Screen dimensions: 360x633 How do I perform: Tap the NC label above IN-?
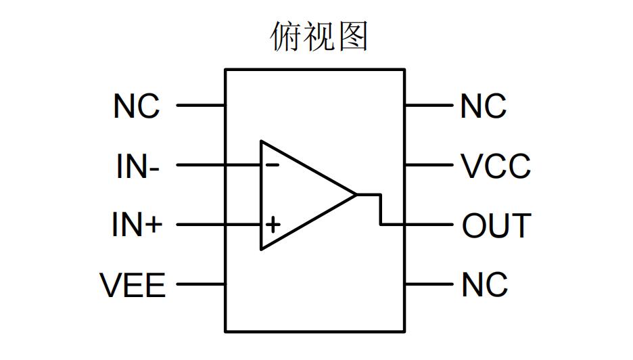(137, 106)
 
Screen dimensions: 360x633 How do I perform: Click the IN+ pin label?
(137, 225)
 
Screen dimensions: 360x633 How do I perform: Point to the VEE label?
(133, 285)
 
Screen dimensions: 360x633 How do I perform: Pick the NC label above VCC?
(483, 106)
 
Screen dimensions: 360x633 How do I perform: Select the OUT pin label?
(496, 225)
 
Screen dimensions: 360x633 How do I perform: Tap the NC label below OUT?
(484, 285)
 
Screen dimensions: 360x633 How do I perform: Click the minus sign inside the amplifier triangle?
(272, 164)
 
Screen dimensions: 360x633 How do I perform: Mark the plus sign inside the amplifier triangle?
(272, 224)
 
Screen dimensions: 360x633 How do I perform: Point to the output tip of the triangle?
(355, 195)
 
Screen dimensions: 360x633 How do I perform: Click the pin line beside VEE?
(201, 284)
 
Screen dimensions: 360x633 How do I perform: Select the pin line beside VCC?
(428, 165)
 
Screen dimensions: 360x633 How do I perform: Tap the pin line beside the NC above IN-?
(201, 106)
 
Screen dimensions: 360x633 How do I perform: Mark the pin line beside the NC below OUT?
(428, 284)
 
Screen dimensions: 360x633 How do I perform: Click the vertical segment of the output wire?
(381, 209)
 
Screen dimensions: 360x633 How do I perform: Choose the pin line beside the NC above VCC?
(428, 106)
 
